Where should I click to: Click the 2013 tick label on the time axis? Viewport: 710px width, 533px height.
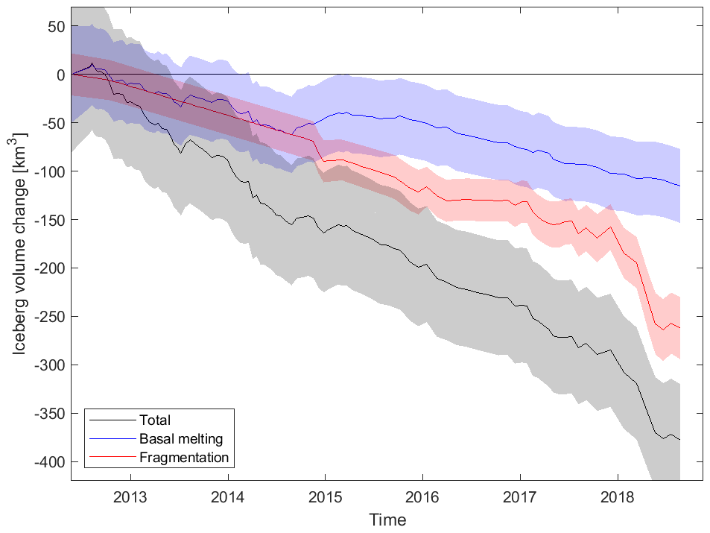pyautogui.click(x=130, y=496)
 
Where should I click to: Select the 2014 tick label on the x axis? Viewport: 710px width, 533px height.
pyautogui.click(x=228, y=496)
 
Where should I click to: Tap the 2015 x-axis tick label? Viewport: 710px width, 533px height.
pyautogui.click(x=325, y=496)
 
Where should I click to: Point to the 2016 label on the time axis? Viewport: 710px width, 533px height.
pyautogui.click(x=422, y=496)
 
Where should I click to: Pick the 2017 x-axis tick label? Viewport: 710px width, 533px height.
pyautogui.click(x=519, y=496)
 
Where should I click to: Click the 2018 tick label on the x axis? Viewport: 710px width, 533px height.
pyautogui.click(x=617, y=496)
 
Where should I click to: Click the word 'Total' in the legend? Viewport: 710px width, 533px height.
pyautogui.click(x=155, y=420)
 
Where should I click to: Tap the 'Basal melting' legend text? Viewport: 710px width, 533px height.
pyautogui.click(x=181, y=438)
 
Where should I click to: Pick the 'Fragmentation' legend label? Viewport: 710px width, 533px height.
pyautogui.click(x=183, y=457)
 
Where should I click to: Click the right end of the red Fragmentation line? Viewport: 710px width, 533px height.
pyautogui.click(x=679, y=327)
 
